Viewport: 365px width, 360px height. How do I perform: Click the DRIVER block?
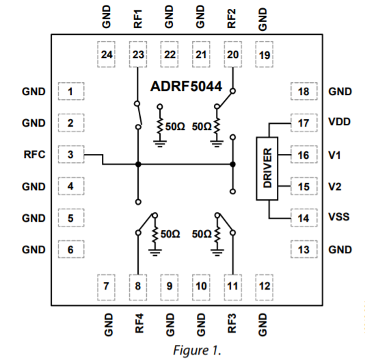point(268,169)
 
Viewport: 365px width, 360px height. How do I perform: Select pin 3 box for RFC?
point(70,155)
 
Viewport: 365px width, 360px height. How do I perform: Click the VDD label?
point(339,123)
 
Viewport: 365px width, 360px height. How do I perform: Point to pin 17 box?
point(304,123)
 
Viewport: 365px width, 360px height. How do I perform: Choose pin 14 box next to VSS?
point(304,218)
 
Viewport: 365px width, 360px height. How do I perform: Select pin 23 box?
point(138,54)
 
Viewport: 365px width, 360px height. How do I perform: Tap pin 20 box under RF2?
point(233,54)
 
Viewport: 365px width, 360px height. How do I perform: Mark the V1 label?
point(334,155)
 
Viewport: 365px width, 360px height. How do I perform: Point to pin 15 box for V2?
point(304,186)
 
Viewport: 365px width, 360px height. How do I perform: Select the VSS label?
point(339,218)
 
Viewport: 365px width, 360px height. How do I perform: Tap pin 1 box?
point(70,91)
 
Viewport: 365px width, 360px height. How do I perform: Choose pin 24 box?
point(107,54)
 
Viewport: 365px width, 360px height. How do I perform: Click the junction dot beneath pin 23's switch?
point(138,164)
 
